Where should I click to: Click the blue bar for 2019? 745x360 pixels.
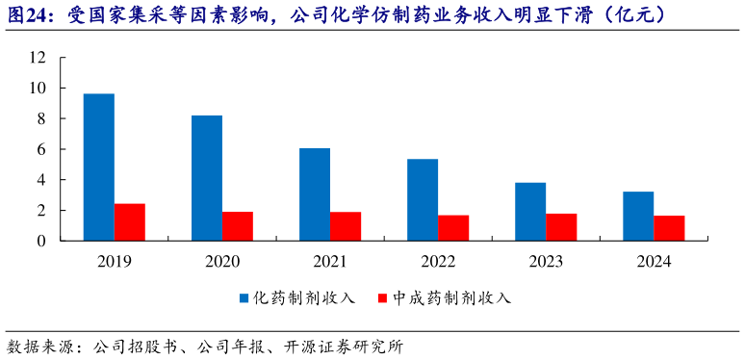(99, 167)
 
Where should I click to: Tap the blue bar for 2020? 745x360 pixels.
(207, 178)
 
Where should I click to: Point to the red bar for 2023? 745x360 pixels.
(561, 227)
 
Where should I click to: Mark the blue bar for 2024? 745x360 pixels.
(638, 217)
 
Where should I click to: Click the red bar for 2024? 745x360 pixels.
(669, 228)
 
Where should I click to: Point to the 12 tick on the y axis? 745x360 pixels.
(38, 58)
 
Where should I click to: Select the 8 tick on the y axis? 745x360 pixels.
(41, 118)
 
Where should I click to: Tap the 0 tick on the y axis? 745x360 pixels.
(41, 241)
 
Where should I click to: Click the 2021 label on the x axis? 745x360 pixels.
(330, 261)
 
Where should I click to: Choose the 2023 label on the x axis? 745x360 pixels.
(546, 261)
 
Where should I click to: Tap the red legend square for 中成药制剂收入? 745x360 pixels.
(383, 298)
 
